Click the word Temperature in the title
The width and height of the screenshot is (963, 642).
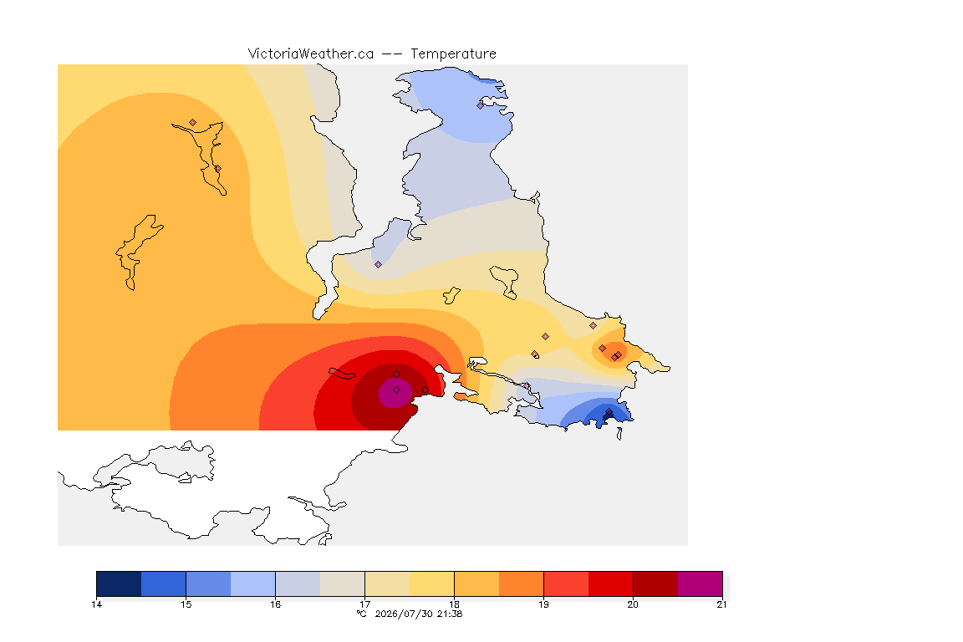click(x=453, y=54)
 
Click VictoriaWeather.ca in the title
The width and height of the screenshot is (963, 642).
click(x=311, y=54)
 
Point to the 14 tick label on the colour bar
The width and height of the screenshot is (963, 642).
click(x=96, y=604)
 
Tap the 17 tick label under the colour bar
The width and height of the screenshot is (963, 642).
click(x=364, y=604)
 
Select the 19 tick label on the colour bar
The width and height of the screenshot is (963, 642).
click(x=543, y=604)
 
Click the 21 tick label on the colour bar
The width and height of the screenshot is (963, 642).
click(x=721, y=604)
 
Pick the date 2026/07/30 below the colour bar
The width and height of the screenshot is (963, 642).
click(x=404, y=614)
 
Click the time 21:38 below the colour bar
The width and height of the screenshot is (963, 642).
click(x=450, y=614)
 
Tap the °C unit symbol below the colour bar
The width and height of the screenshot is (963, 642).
click(x=361, y=614)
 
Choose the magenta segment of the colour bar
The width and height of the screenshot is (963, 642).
click(x=701, y=583)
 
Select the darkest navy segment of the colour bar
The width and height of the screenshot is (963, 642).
click(x=119, y=583)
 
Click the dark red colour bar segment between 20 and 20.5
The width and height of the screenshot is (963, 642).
click(x=655, y=583)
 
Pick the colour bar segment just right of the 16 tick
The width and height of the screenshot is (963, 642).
click(x=298, y=583)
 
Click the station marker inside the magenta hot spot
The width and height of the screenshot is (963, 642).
click(x=397, y=390)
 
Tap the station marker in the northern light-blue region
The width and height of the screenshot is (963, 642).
click(x=481, y=105)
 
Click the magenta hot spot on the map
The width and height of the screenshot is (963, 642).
click(x=395, y=393)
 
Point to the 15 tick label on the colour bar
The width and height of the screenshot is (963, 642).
click(x=186, y=604)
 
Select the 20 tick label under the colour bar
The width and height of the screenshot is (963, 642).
click(x=633, y=604)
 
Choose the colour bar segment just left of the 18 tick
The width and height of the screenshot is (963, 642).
click(x=431, y=583)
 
